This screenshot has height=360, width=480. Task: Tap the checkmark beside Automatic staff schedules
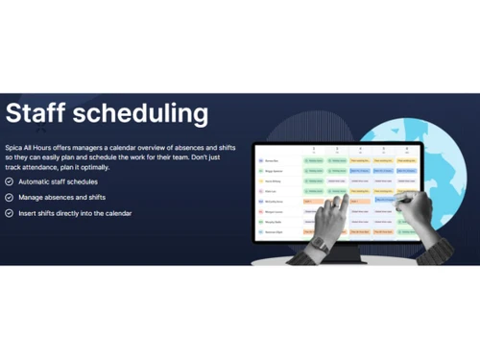pos(9,181)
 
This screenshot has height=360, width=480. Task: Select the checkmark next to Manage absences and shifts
pos(9,197)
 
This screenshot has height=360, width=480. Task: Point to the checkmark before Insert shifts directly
pos(9,212)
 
